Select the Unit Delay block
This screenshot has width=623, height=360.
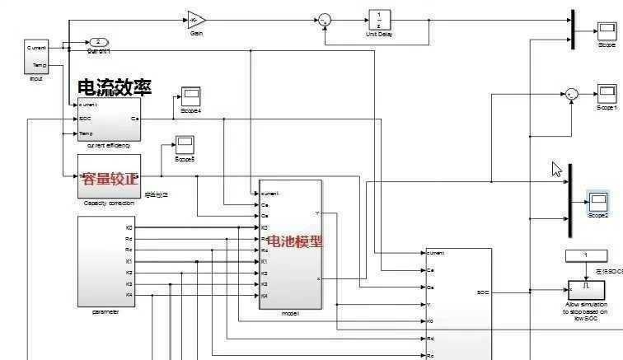[x=379, y=20]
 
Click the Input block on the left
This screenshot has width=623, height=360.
[x=36, y=57]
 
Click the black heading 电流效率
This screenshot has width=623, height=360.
[x=115, y=87]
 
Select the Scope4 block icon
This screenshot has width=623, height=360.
[x=190, y=96]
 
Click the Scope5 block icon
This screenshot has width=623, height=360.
[x=185, y=145]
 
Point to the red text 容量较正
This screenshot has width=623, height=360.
[x=110, y=178]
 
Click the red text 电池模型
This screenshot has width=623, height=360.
[x=295, y=241]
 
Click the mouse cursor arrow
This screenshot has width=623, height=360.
[x=556, y=169]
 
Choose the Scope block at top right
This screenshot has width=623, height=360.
[x=607, y=31]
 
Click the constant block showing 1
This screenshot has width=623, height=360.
[x=585, y=255]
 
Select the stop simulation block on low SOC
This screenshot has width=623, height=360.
[x=585, y=290]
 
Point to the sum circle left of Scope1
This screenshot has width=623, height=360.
[x=571, y=95]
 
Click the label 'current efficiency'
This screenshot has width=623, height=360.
[x=109, y=146]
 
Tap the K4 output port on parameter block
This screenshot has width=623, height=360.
[x=129, y=294]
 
